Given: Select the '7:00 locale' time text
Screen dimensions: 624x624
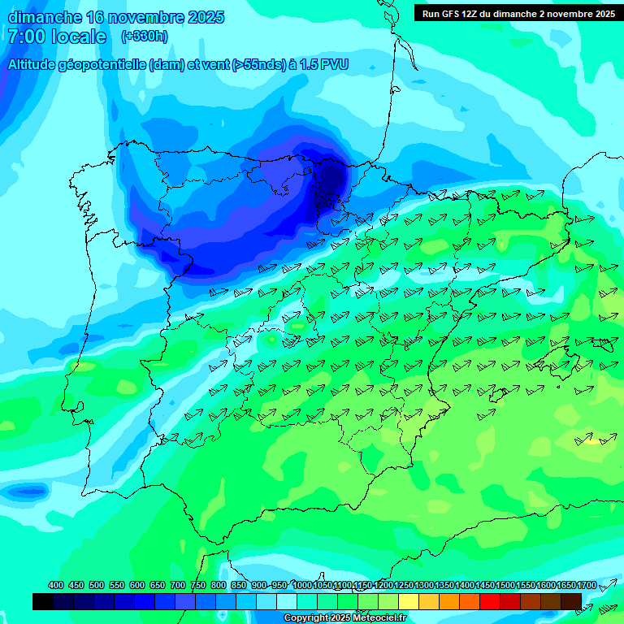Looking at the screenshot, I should [56, 37].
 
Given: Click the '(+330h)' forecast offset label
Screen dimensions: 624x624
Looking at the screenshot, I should [144, 37].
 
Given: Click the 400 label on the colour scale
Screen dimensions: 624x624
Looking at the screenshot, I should [56, 585].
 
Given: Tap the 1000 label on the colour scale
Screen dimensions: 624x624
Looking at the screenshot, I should [302, 585].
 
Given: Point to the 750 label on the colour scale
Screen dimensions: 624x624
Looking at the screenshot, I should [198, 585].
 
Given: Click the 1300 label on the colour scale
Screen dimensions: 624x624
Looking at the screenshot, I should [424, 585].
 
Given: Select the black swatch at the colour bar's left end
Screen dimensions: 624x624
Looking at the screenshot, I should [43, 601].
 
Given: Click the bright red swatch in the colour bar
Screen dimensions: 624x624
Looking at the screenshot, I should [490, 601].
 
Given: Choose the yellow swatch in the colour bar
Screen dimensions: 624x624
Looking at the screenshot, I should [409, 601].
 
